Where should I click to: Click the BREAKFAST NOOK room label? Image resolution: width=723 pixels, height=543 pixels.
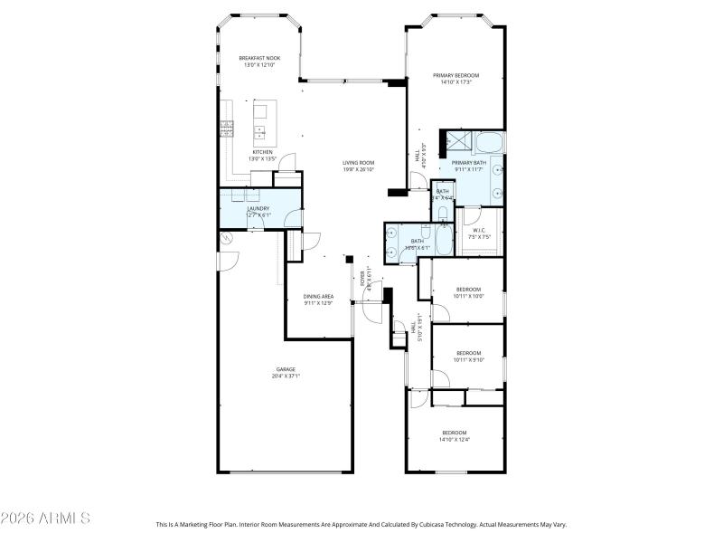click(x=259, y=58)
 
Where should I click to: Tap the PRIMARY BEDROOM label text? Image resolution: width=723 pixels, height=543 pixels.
click(x=455, y=75)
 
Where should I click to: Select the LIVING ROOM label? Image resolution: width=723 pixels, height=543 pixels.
click(x=358, y=163)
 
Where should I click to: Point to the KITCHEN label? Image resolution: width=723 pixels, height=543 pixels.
click(x=262, y=152)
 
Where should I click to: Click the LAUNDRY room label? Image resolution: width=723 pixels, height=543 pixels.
click(x=258, y=208)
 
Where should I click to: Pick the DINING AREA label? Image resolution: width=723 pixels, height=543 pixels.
click(x=318, y=296)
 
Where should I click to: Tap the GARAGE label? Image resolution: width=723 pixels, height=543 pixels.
click(x=286, y=369)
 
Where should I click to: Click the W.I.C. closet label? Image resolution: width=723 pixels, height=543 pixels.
click(x=479, y=230)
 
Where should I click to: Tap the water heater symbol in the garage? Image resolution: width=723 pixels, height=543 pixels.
click(x=226, y=239)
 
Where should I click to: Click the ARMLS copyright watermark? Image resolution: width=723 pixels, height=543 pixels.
click(x=45, y=519)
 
